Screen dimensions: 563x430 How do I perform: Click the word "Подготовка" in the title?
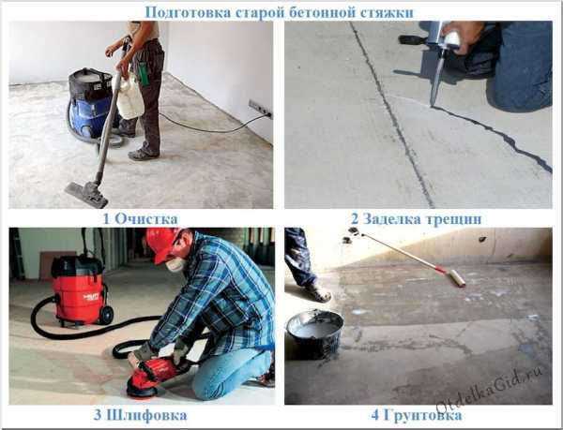click(x=188, y=12)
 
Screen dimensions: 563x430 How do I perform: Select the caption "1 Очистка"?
click(x=140, y=218)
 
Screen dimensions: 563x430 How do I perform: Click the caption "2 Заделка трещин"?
click(x=417, y=218)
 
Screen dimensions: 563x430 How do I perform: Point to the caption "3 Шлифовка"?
click(x=141, y=415)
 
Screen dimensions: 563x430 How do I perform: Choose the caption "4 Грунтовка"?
click(x=417, y=416)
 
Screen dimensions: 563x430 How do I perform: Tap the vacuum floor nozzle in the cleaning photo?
click(x=87, y=194)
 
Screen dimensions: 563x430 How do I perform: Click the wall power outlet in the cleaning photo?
click(x=260, y=109)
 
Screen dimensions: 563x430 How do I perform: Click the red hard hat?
click(x=162, y=243)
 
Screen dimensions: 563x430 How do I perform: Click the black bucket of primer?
click(x=313, y=334)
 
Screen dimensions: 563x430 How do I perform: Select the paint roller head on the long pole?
click(x=458, y=278)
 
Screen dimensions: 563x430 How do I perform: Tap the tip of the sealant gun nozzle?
click(x=432, y=106)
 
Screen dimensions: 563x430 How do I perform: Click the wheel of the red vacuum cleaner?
click(x=107, y=316)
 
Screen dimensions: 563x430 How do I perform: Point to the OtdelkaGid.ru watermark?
click(x=489, y=392)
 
